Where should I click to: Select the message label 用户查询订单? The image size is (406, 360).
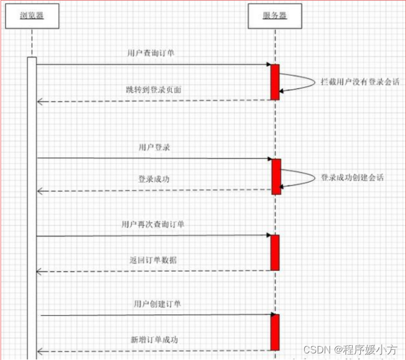(151, 53)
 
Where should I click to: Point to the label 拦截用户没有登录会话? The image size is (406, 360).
(360, 82)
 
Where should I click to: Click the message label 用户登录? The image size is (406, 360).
(154, 147)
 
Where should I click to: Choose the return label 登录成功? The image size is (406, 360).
(154, 179)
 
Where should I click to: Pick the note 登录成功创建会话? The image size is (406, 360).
(352, 178)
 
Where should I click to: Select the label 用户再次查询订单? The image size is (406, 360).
(152, 224)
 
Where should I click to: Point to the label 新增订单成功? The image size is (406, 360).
(154, 339)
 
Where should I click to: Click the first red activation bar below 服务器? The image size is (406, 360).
(275, 82)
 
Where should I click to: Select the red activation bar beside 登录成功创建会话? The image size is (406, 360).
(276, 176)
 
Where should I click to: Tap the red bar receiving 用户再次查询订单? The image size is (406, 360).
(275, 252)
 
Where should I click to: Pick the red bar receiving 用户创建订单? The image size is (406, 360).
(275, 332)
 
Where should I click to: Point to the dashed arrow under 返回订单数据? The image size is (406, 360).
(154, 270)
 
